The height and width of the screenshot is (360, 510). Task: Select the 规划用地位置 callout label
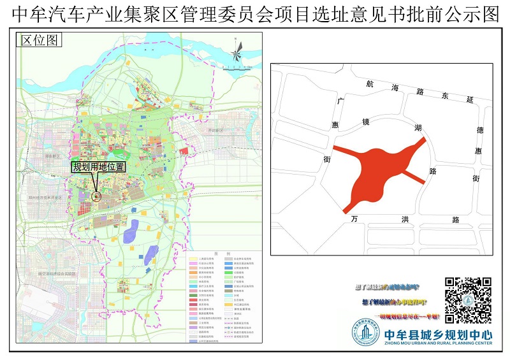[x=98, y=167]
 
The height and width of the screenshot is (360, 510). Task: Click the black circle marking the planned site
[x=96, y=197]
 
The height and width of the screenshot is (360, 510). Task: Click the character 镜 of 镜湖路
[x=365, y=121]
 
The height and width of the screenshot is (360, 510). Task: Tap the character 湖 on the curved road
[x=418, y=128]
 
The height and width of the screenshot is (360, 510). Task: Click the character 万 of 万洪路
[x=354, y=219]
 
